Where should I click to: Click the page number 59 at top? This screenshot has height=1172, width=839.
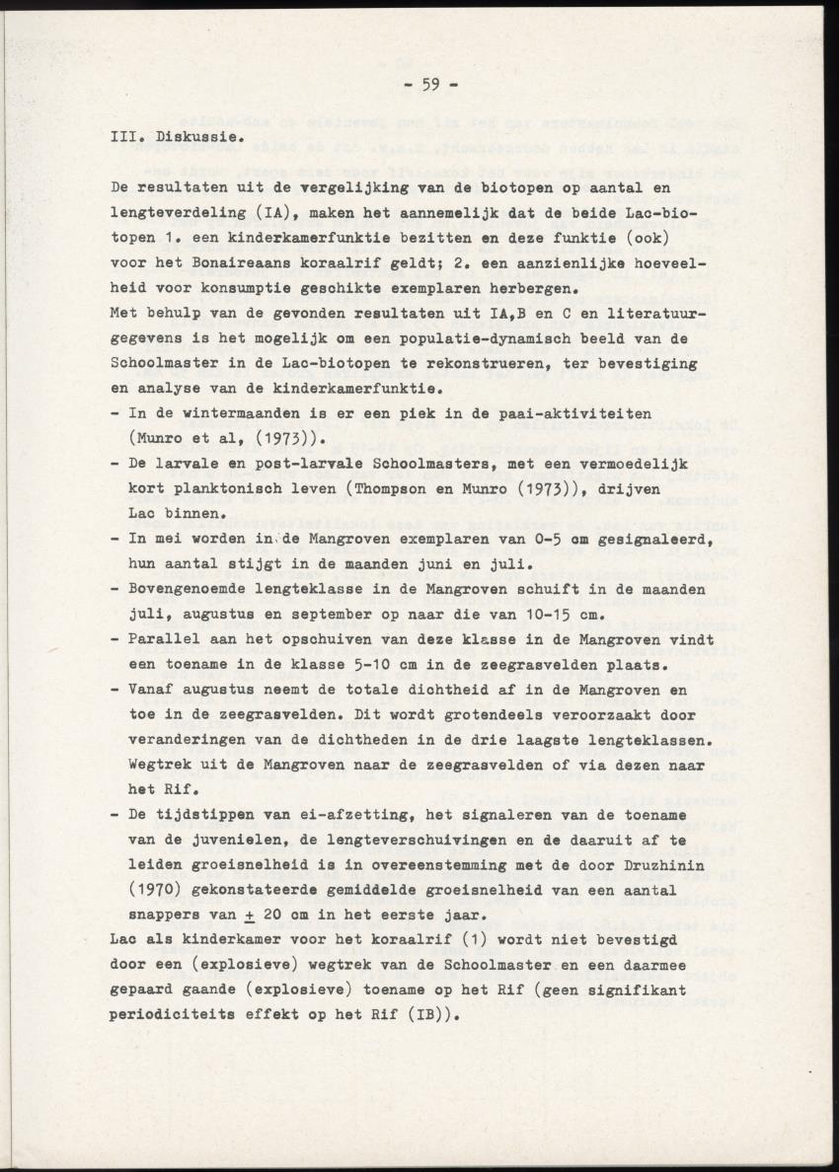pos(428,84)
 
